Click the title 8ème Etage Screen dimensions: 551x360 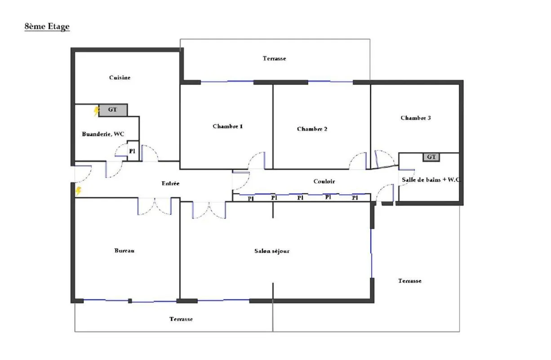[x=47, y=27]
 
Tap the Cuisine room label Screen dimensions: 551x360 [x=120, y=77]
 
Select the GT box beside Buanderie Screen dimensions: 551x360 [x=113, y=110]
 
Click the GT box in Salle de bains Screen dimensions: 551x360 [x=431, y=157]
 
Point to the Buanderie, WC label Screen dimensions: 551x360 [x=103, y=134]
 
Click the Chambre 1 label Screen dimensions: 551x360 [x=227, y=126]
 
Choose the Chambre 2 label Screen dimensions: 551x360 [x=312, y=129]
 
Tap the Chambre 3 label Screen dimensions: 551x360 [x=416, y=118]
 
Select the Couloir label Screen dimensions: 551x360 [x=324, y=181]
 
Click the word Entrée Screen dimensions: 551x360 [x=170, y=184]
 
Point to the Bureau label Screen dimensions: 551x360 [x=124, y=251]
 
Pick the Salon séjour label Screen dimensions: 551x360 [x=272, y=251]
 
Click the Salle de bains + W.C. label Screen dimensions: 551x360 [x=431, y=180]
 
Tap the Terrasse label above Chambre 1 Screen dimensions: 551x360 [x=274, y=58]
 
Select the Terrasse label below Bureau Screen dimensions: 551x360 [x=181, y=319]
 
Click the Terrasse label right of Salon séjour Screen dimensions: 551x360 [x=410, y=281]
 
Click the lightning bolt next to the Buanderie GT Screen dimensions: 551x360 [x=96, y=111]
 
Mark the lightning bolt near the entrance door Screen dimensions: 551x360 [x=78, y=191]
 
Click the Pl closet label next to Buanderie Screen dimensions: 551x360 [x=132, y=151]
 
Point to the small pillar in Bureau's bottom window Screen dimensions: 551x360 [x=130, y=301]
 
